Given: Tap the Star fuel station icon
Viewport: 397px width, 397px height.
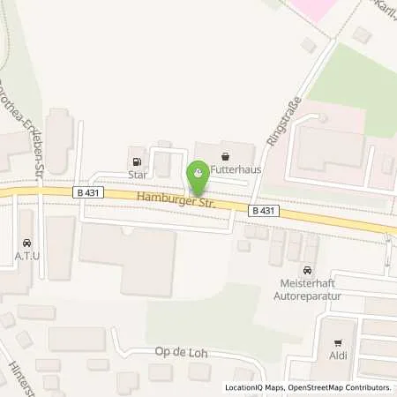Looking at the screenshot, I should tap(137, 161).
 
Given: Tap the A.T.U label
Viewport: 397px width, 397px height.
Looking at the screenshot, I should tap(26, 257).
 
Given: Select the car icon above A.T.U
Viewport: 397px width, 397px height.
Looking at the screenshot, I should tap(26, 243).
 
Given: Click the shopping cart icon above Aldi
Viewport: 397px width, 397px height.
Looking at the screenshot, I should tap(337, 342).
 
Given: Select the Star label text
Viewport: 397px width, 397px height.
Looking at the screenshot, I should tap(135, 175).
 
